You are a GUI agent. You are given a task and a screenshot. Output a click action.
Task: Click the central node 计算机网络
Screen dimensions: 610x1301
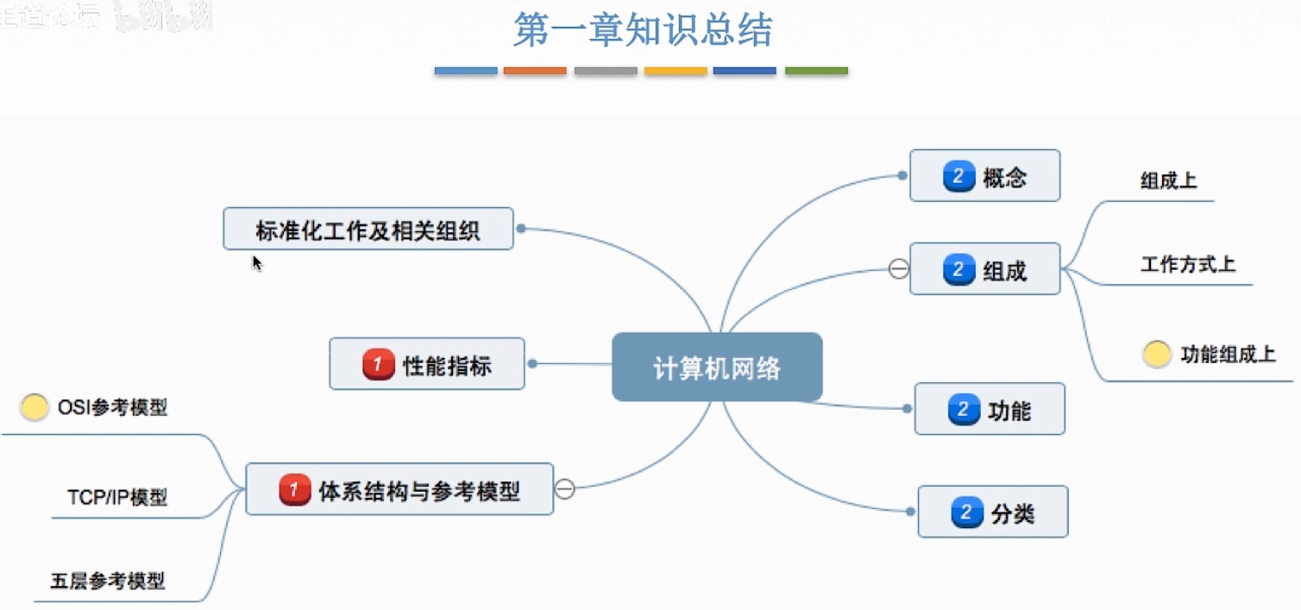[x=717, y=368]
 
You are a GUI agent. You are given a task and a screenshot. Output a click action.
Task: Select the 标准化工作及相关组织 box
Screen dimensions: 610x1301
[x=368, y=230]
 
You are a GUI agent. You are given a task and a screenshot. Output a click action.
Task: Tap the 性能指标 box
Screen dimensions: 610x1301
[x=427, y=364]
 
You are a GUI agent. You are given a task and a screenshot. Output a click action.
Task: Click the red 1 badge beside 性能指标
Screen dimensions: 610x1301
[x=378, y=365]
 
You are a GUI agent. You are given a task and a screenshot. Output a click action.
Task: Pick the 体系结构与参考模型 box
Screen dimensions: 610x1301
[x=399, y=490]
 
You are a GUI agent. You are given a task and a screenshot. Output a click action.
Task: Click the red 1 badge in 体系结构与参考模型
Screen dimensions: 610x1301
[x=294, y=491]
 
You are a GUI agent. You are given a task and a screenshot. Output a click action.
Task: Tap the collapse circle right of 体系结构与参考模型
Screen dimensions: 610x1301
[x=565, y=489]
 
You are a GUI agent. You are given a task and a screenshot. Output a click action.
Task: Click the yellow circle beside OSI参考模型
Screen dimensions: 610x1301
[x=35, y=407]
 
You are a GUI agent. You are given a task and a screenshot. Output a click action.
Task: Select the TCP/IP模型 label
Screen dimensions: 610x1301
[x=117, y=498]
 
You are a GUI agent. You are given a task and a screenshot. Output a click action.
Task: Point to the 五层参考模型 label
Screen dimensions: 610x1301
[x=108, y=581]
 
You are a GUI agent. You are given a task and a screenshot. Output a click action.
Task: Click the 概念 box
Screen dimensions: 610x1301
[x=984, y=177]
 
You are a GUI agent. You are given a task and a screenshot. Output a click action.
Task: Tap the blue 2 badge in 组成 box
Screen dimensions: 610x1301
[x=958, y=270]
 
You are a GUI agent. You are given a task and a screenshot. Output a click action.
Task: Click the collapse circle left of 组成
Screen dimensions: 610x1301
[x=898, y=270]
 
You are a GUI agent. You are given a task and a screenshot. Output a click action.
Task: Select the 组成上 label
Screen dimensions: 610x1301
[x=1168, y=180]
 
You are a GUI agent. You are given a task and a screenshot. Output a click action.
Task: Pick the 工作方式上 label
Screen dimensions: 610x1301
[x=1188, y=264]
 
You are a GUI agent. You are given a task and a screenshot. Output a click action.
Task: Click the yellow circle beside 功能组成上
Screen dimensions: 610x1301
[x=1157, y=354]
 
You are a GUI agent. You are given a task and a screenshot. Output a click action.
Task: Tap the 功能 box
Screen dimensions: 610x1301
[x=990, y=409]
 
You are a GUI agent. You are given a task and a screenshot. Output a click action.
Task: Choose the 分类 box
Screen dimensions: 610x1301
[x=993, y=513]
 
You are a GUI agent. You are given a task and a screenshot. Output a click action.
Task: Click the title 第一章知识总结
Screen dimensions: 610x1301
[x=643, y=30]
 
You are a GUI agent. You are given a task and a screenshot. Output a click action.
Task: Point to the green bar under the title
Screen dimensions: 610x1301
[x=816, y=71]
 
